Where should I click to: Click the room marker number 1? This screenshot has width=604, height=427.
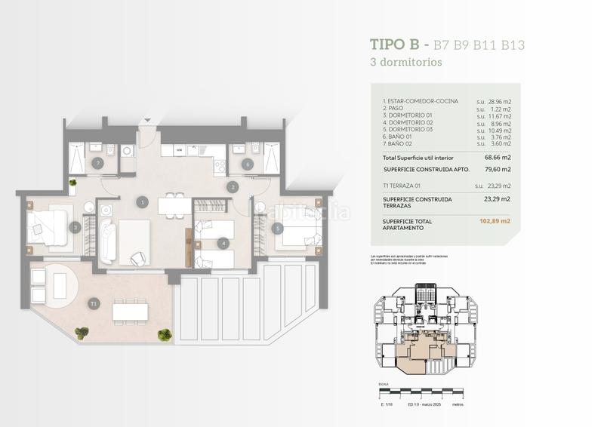pos(142,202)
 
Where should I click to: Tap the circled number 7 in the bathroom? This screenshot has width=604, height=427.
pos(97,163)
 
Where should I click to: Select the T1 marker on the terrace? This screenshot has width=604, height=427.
pos(93,303)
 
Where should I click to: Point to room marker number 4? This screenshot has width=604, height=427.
pos(223,243)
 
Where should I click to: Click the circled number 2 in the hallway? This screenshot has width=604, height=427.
pos(233,187)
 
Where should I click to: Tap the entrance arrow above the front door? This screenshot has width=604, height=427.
pos(148,119)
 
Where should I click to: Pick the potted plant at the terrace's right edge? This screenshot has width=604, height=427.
pos(164,334)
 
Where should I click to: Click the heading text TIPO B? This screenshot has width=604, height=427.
pos(393,45)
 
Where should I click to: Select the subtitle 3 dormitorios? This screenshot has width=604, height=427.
pos(406,63)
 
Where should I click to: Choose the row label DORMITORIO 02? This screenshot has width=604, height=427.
pos(407,122)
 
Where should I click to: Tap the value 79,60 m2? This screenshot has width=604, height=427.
pos(497,170)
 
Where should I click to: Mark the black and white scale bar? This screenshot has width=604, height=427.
pos(423,392)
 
